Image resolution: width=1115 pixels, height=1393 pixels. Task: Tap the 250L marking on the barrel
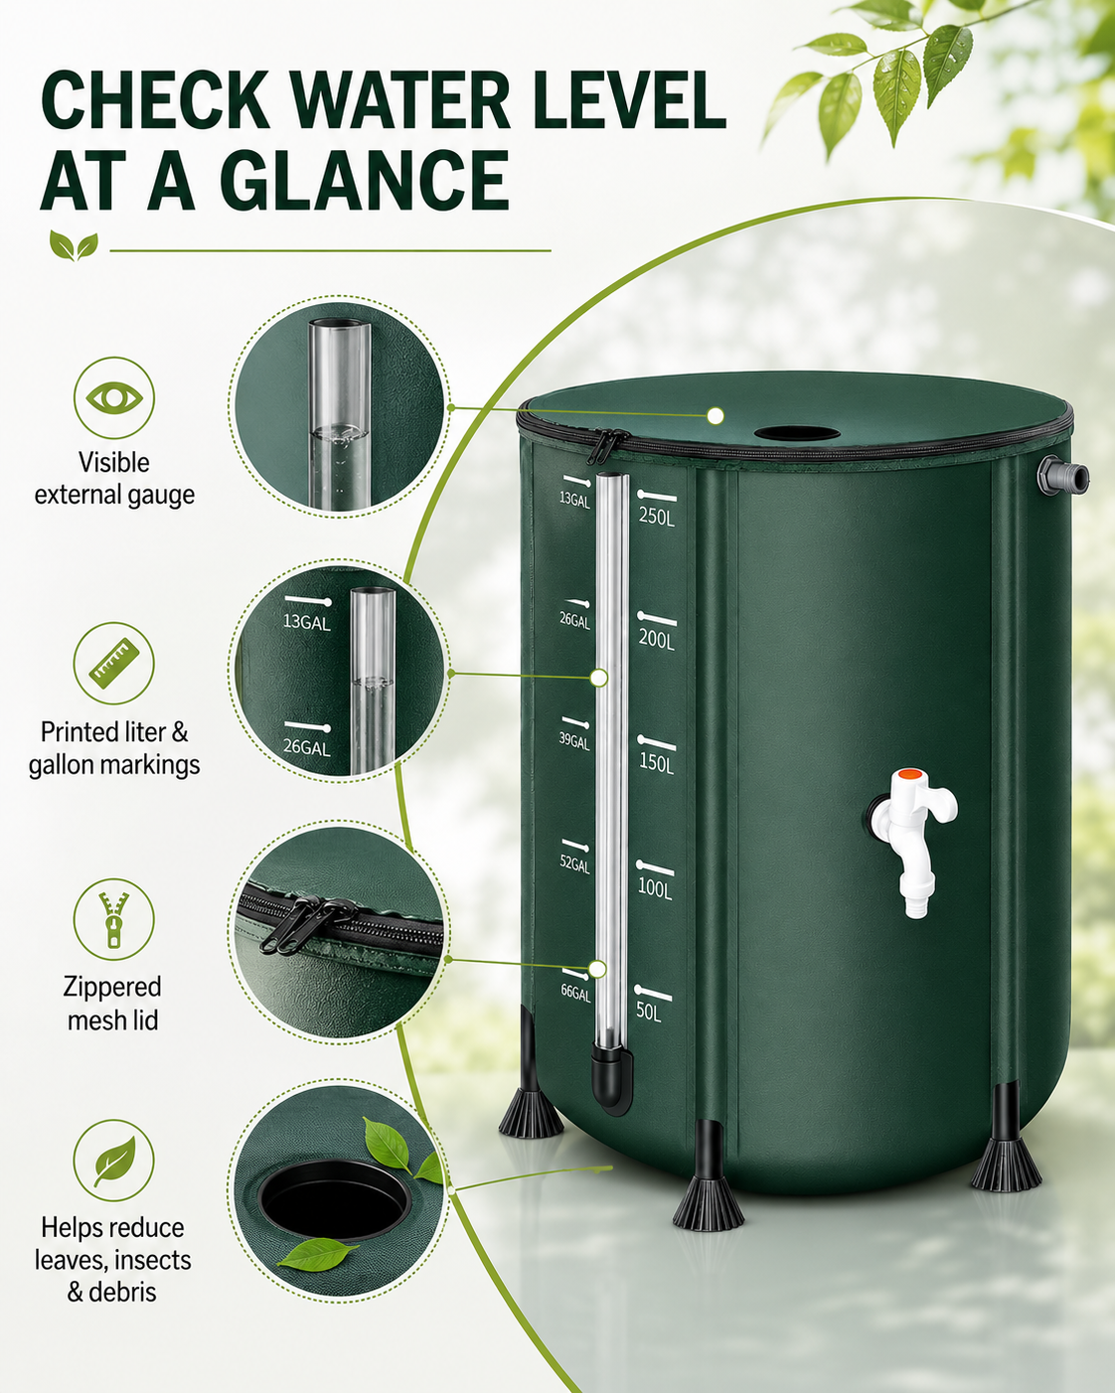(657, 517)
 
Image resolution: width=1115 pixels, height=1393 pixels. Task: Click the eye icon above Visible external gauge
(114, 397)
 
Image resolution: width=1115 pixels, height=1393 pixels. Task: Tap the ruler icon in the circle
(114, 664)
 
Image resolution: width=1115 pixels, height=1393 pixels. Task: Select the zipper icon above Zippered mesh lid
(114, 919)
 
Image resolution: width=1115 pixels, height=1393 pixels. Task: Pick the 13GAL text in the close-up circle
(307, 623)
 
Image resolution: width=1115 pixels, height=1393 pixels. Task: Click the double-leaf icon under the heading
(74, 245)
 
